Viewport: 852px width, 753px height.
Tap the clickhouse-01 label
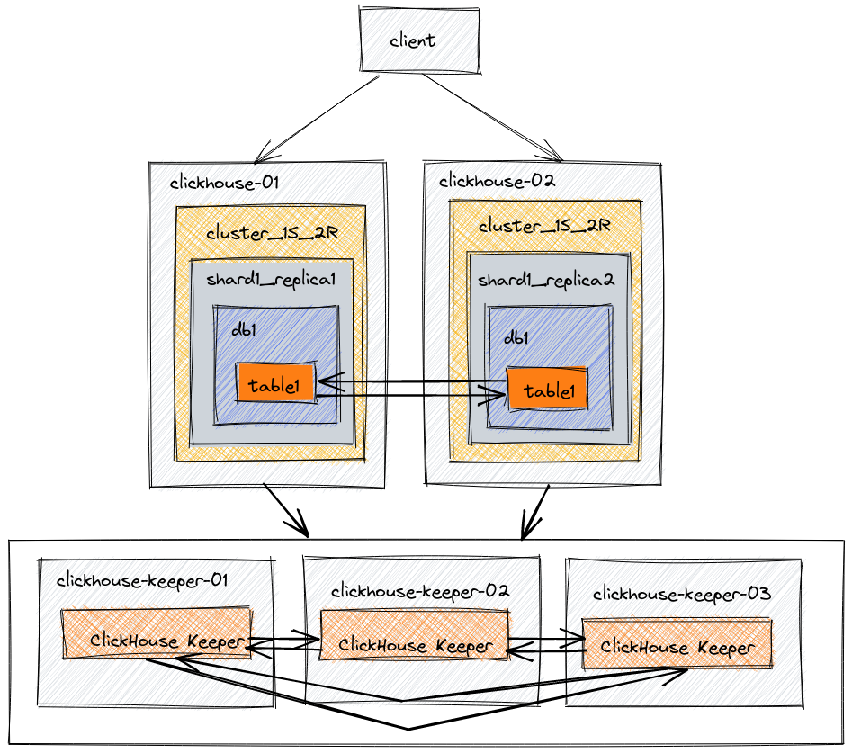224,183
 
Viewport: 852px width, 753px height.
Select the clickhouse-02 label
497,181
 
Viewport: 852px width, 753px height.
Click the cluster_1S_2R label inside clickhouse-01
272,233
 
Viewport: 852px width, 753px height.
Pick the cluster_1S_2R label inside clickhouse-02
544,226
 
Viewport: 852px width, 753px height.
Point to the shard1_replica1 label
271,279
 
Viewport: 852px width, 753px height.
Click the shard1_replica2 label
545,281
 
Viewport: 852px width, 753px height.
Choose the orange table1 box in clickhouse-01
276,384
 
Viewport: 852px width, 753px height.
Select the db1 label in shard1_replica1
244,329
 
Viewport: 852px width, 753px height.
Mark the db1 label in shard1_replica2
516,337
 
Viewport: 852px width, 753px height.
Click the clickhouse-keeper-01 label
142,580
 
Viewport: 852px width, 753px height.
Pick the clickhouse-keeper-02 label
420,591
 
